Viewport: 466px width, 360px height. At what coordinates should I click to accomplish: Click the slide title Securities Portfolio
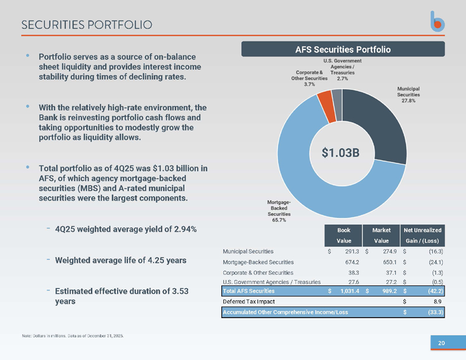tap(87, 25)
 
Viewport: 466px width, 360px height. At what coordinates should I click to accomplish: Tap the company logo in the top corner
tap(437, 22)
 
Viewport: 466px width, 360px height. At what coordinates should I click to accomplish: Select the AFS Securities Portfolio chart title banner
tap(343, 49)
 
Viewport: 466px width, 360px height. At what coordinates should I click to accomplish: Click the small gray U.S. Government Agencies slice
tap(337, 105)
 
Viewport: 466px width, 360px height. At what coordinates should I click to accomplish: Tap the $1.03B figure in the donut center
tap(341, 153)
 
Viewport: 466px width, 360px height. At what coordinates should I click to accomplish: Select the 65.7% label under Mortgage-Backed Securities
tap(279, 220)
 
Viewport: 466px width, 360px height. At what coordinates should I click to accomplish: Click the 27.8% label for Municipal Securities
tap(408, 100)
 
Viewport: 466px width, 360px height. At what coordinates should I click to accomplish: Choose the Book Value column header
tap(344, 235)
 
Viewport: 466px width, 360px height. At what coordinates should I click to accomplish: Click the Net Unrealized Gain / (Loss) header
tap(422, 235)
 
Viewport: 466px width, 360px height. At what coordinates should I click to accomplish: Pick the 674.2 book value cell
tap(352, 262)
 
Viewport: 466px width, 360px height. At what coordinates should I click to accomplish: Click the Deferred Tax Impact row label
tap(249, 301)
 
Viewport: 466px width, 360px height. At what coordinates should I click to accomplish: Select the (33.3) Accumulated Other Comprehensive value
tap(435, 312)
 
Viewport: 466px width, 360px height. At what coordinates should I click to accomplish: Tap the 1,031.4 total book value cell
tap(349, 291)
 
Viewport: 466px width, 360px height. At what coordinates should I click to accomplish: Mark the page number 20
tap(442, 343)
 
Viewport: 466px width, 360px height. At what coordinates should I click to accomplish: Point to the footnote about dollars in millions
tap(73, 336)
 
